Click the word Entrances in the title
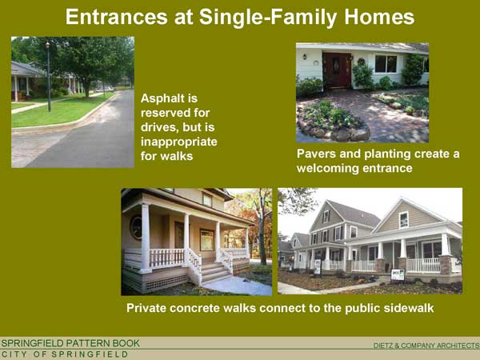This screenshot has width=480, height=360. [116, 17]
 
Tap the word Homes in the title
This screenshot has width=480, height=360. [379, 17]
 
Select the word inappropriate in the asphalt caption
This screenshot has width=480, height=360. [178, 142]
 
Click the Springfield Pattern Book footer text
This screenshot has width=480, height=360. [70, 343]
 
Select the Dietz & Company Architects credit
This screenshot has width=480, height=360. [426, 346]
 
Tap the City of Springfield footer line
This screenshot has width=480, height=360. [65, 354]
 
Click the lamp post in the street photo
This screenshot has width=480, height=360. [48, 77]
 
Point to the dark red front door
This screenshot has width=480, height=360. [337, 70]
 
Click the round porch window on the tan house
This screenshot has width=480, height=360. [136, 227]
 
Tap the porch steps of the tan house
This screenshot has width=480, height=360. [215, 273]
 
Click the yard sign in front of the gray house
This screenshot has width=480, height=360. [398, 274]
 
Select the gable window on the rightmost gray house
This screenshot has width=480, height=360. [404, 220]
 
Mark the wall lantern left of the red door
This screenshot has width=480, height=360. [305, 57]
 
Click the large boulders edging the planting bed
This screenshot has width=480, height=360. [337, 133]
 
